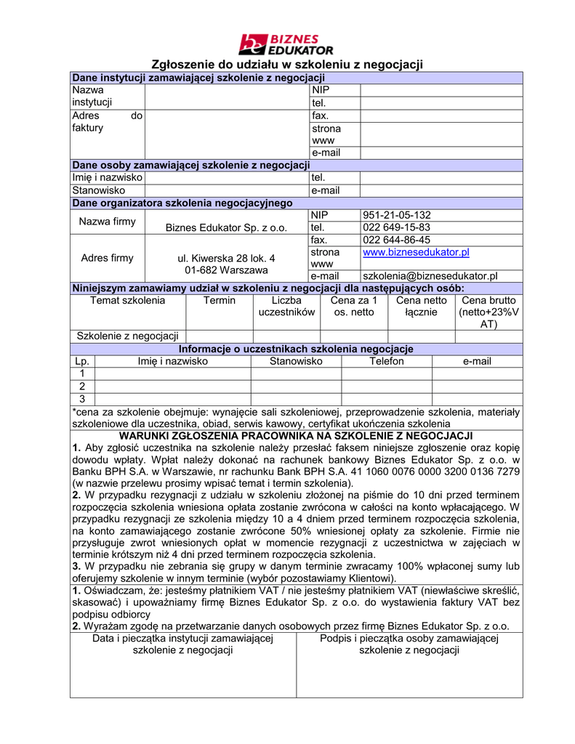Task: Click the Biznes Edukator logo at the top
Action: coord(286,44)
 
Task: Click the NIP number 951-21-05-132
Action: coord(396,215)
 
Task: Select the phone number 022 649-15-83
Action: coord(396,227)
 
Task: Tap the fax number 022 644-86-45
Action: coord(396,240)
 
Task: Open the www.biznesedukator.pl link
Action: coord(416,252)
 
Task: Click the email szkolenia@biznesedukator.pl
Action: coord(430,276)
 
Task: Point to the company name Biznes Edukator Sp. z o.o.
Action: coord(227,228)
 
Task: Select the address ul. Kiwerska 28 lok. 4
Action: coord(227,258)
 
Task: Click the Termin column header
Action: coord(219,300)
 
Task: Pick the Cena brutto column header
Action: coord(488,312)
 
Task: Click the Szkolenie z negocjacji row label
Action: coord(128,336)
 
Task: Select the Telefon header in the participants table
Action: coord(386,361)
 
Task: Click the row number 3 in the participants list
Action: coord(82,398)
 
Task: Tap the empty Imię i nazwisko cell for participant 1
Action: coord(173,373)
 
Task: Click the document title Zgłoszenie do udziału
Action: coord(286,65)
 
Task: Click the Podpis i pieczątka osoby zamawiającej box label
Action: coord(409,644)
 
